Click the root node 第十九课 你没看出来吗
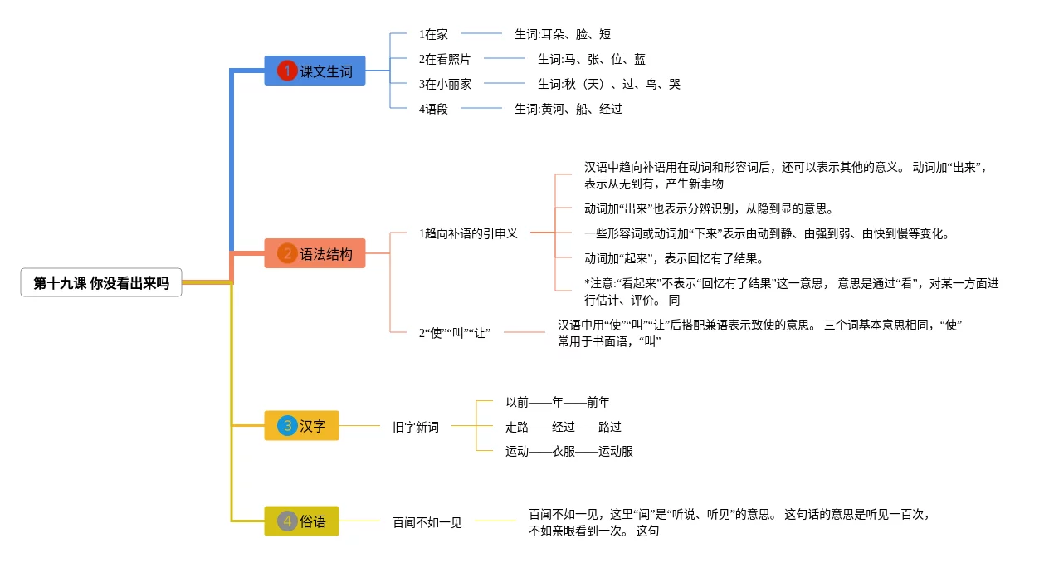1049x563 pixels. (101, 282)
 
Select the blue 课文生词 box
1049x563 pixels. (315, 71)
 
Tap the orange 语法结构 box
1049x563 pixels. (315, 253)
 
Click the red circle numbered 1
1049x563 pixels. (287, 71)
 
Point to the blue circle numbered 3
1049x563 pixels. (287, 426)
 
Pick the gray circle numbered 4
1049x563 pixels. (287, 521)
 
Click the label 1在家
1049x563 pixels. (433, 34)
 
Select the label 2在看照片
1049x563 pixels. (445, 59)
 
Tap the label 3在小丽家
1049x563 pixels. (445, 85)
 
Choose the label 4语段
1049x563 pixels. (433, 109)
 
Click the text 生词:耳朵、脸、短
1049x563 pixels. (563, 34)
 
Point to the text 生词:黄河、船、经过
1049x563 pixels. (568, 109)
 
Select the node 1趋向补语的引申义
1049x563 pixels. (468, 233)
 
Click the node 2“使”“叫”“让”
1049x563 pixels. (454, 333)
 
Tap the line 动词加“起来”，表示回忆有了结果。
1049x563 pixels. (675, 258)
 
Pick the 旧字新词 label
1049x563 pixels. (416, 427)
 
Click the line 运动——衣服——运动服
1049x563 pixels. (569, 452)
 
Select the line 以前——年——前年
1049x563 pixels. (558, 402)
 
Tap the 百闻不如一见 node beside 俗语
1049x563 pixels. (427, 522)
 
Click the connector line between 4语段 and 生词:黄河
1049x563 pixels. (481, 108)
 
